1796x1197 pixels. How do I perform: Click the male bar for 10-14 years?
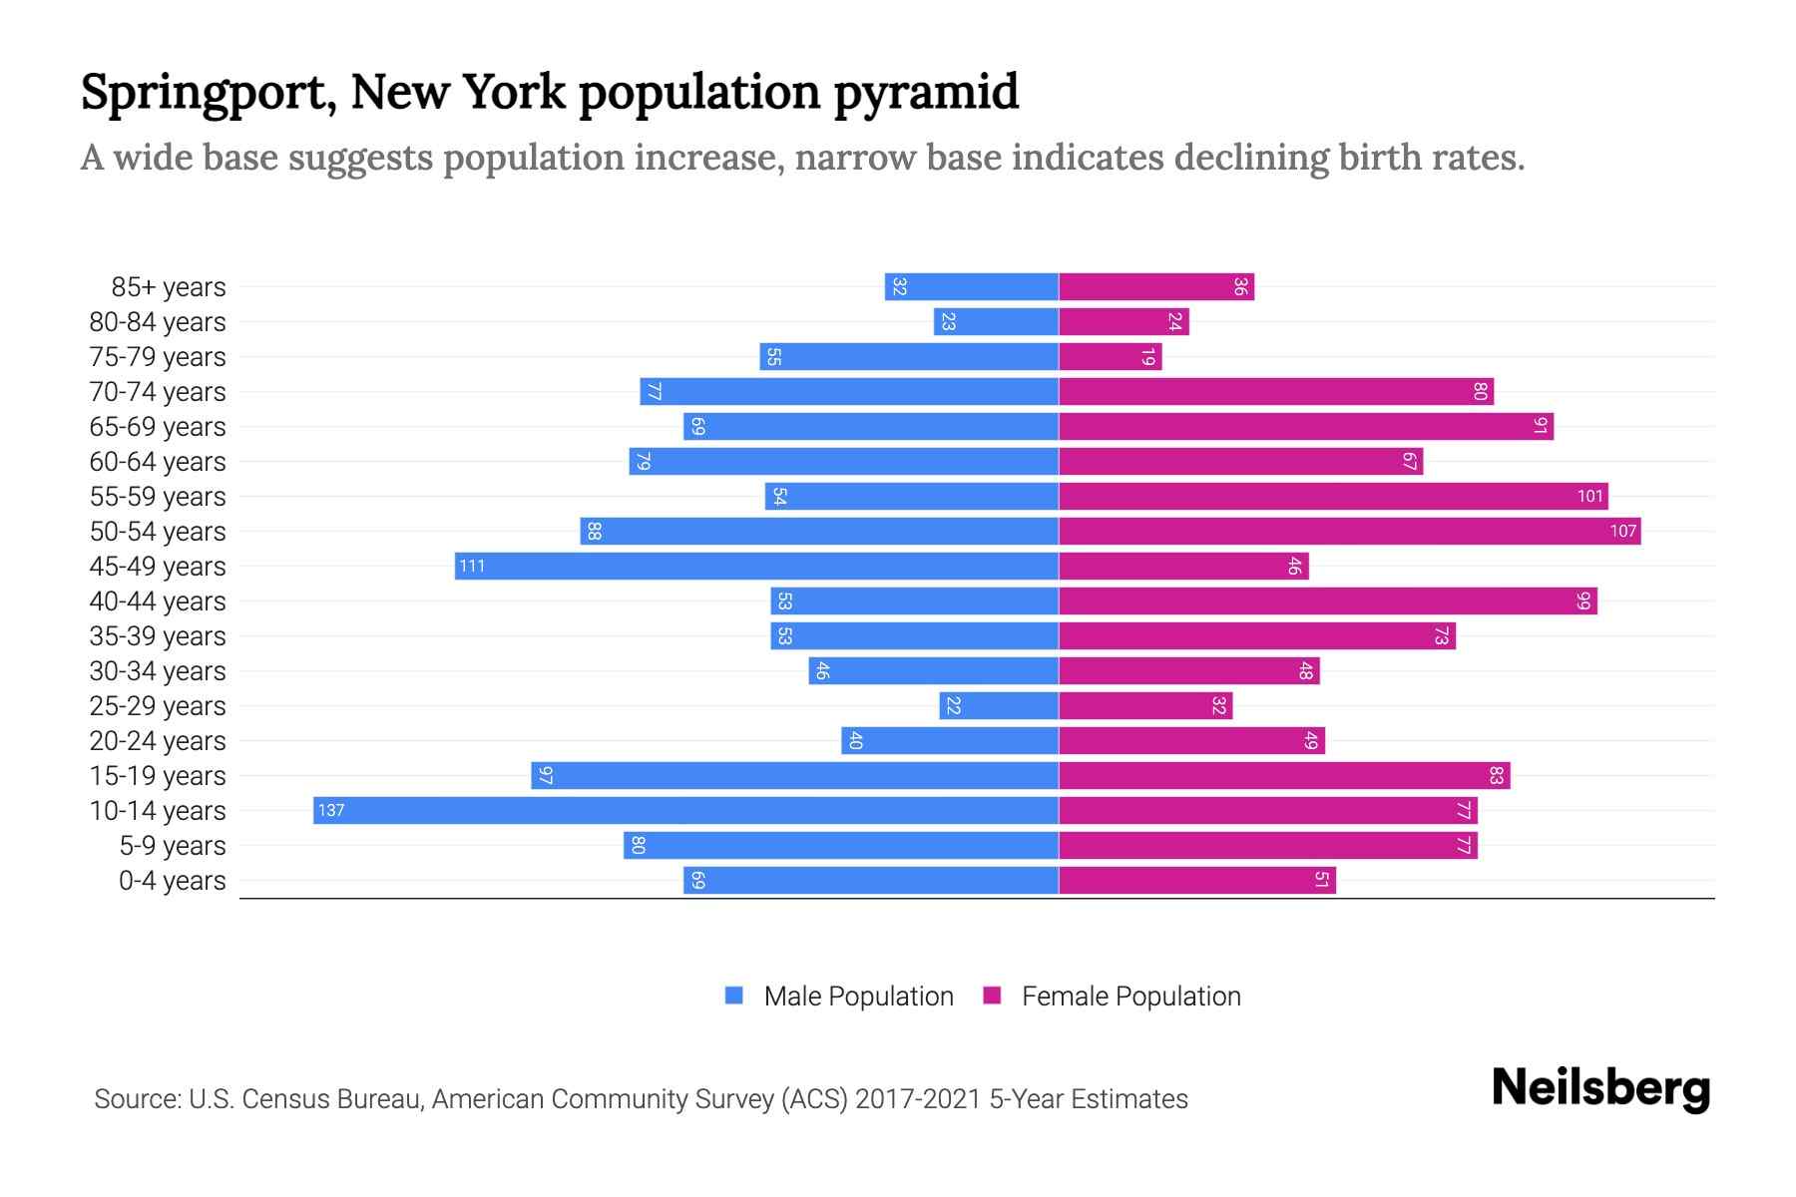point(685,810)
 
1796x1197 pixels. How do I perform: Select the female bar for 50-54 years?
point(1349,531)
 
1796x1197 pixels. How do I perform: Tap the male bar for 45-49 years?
point(756,566)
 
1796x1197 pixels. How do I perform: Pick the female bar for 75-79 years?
point(1110,356)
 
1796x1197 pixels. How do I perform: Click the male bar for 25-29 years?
point(998,705)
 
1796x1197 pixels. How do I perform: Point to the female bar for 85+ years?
point(1155,286)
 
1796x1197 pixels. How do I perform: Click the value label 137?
point(331,810)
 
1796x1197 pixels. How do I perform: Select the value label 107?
point(1622,531)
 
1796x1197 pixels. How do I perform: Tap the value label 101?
point(1589,496)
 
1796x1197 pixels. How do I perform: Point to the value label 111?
point(472,566)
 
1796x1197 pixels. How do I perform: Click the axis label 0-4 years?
point(172,881)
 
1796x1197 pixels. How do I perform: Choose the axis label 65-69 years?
point(158,427)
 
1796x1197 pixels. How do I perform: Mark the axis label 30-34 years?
point(158,671)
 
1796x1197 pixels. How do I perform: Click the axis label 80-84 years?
point(158,322)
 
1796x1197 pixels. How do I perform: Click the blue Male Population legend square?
point(734,996)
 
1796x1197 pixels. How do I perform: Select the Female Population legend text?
point(1130,996)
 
